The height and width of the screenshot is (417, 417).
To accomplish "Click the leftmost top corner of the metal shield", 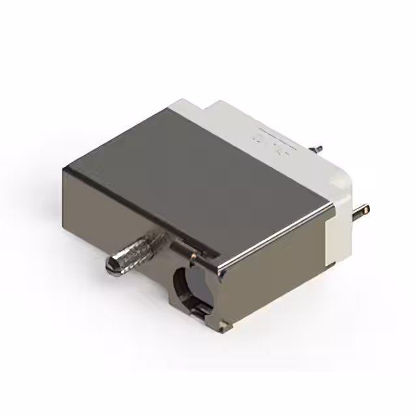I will point(64,169).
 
